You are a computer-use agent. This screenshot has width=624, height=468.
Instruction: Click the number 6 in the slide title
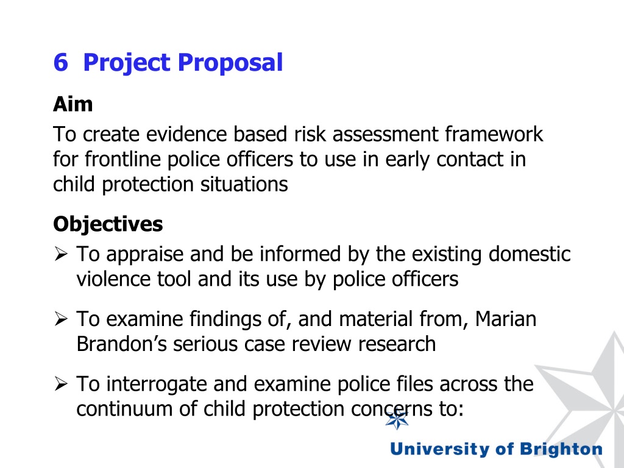pyautogui.click(x=60, y=62)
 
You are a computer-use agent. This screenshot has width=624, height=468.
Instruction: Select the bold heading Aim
pyautogui.click(x=73, y=104)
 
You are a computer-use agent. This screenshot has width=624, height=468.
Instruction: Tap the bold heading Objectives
pyautogui.click(x=108, y=224)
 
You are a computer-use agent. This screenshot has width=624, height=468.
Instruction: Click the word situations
pyautogui.click(x=244, y=184)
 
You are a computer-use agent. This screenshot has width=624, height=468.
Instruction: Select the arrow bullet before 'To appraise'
pyautogui.click(x=61, y=254)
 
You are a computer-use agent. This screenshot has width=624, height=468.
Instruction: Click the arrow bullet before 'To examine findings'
pyautogui.click(x=61, y=319)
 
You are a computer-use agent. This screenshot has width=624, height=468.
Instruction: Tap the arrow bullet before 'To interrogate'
pyautogui.click(x=61, y=384)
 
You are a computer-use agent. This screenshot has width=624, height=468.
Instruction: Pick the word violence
pyautogui.click(x=113, y=280)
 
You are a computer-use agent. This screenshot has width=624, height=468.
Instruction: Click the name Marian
pyautogui.click(x=506, y=318)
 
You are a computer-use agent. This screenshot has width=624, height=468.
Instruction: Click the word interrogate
pyautogui.click(x=155, y=384)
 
